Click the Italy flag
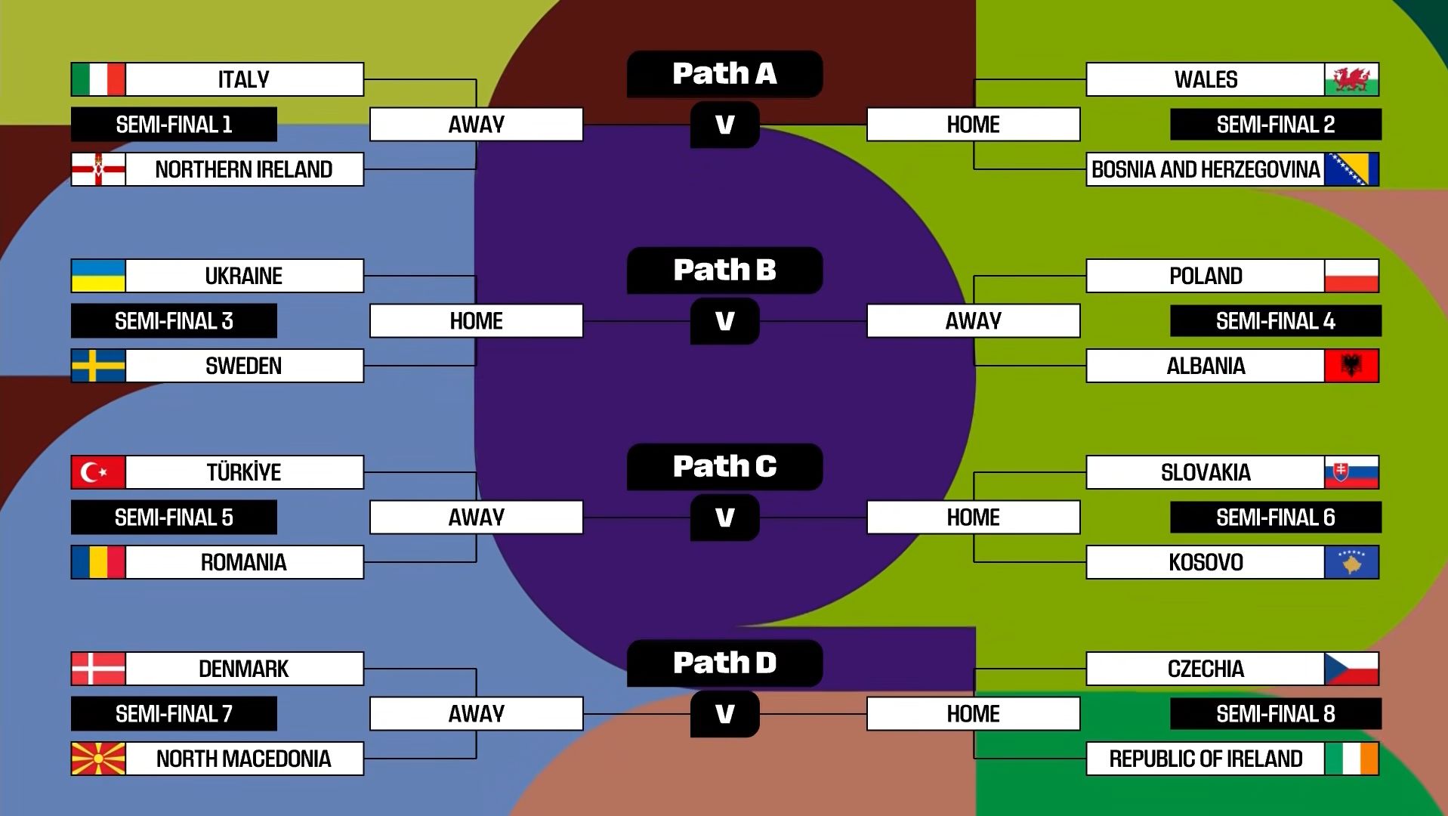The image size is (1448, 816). point(98,79)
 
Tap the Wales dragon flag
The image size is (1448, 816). point(1351,79)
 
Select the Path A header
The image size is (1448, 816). point(724,74)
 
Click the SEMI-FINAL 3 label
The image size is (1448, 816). point(174,321)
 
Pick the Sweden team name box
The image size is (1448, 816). point(244,366)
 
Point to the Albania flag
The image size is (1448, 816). point(1351,366)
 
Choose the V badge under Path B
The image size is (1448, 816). point(724,321)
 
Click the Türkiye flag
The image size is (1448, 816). point(98,472)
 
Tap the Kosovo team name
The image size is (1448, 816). point(1206,563)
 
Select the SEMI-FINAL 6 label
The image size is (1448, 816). point(1275,518)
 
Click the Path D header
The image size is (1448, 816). point(724,663)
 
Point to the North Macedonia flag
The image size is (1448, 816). point(98,759)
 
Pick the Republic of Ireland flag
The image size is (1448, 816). point(1351,759)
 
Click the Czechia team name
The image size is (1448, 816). point(1206,669)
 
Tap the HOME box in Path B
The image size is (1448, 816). point(476,321)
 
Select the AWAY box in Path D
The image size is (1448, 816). point(476,714)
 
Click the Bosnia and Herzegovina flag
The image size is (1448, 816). point(1351,169)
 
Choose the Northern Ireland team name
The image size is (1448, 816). point(244,169)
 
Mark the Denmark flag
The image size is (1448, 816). point(98,669)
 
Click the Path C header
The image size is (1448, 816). point(724,467)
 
